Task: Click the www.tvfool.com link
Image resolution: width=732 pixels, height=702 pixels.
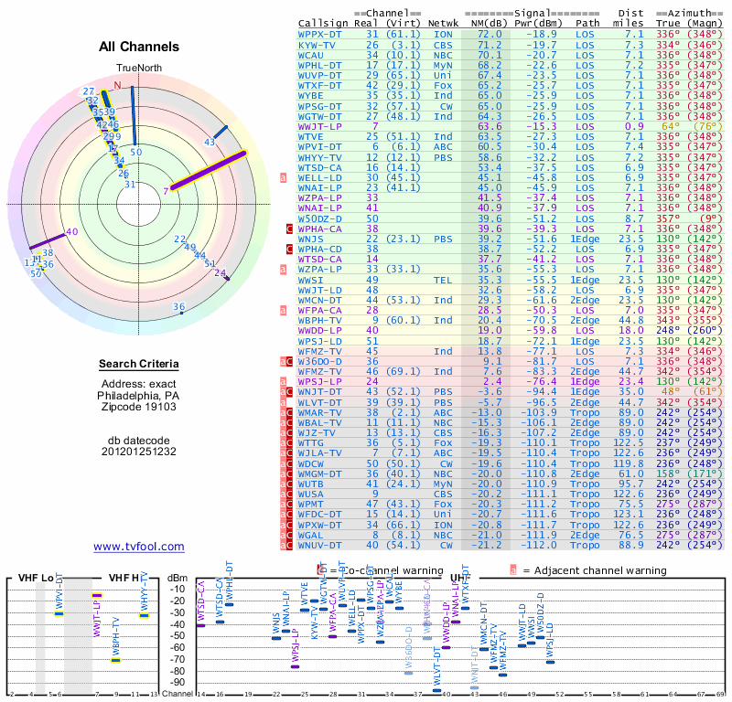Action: click(139, 547)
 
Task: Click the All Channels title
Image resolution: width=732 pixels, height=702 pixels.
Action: click(139, 47)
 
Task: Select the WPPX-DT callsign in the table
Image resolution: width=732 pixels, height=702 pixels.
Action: click(321, 33)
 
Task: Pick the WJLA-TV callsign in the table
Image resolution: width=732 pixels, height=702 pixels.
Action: click(321, 452)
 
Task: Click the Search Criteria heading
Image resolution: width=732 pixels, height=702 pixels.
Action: click(139, 365)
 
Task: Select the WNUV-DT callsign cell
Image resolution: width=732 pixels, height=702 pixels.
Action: click(321, 546)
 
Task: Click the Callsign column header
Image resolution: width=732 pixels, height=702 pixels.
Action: click(324, 22)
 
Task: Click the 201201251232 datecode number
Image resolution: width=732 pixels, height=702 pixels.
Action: click(139, 452)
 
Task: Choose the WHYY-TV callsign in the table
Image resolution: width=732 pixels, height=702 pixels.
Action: click(321, 157)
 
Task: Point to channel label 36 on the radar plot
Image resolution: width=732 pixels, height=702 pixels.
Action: click(179, 307)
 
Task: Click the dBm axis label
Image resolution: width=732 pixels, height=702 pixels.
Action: click(178, 578)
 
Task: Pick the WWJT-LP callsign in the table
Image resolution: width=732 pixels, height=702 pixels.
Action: click(321, 126)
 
